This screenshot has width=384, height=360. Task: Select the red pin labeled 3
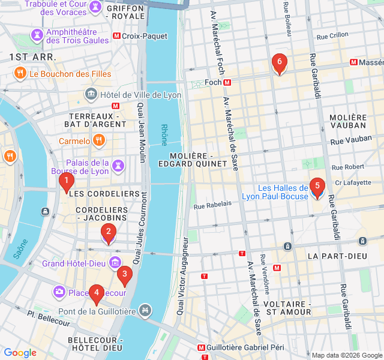124,275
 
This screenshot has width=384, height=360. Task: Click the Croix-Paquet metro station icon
116,36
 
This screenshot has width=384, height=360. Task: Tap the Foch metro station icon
227,82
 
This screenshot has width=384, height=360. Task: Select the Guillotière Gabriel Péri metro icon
201,347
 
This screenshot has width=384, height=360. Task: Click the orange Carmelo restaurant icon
99,141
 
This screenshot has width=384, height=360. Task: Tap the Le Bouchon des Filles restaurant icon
20,74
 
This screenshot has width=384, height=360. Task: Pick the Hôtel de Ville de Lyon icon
91,94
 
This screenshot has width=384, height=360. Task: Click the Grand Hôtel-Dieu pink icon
115,263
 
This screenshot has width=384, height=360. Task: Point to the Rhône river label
164,135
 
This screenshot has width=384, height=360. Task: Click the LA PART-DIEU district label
337,256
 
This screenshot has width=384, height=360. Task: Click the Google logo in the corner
20,353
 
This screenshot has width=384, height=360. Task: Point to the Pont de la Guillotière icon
144,310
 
